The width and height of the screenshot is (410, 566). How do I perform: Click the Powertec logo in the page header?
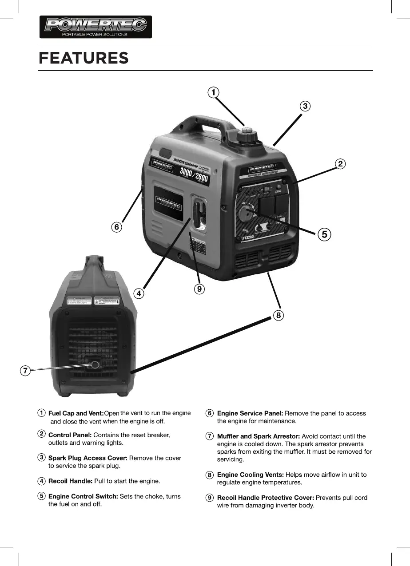coord(96,27)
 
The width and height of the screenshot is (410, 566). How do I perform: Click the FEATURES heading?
coord(84,58)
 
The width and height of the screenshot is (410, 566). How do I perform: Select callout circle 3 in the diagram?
coord(304,106)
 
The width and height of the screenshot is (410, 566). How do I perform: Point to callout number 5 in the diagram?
coord(325,234)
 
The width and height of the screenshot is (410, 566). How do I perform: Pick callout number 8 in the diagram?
coord(278,315)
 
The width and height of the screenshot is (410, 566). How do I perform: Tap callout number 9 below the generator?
coord(199,289)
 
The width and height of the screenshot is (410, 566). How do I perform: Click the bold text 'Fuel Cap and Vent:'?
coord(76,413)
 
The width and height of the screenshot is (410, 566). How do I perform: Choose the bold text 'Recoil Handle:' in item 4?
coord(70,481)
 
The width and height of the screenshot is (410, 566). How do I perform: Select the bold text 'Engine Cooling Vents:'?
coord(250,475)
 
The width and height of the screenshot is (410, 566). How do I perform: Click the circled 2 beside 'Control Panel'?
coord(41,434)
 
